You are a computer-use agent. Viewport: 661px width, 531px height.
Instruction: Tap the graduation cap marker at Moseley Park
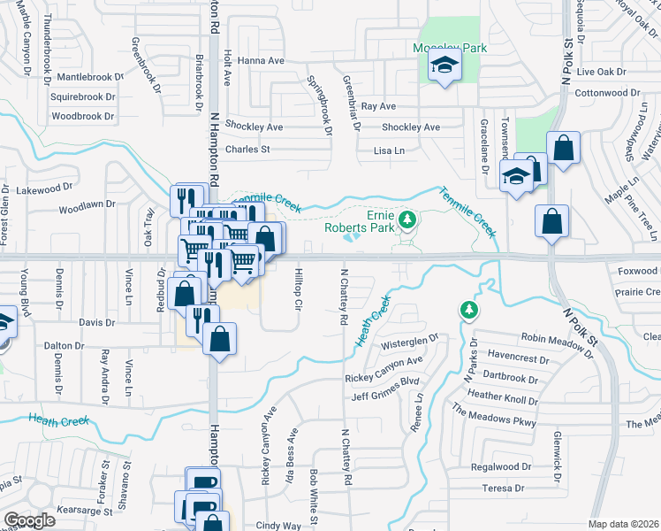(444, 65)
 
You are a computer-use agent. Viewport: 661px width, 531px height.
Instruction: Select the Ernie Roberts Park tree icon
(407, 219)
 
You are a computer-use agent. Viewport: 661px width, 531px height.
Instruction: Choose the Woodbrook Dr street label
(83, 116)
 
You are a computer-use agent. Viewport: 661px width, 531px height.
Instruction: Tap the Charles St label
(247, 150)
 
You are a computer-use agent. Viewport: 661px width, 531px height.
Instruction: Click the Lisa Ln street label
(389, 150)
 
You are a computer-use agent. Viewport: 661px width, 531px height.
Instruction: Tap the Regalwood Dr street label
(501, 466)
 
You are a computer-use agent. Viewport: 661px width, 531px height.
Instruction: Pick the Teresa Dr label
(505, 488)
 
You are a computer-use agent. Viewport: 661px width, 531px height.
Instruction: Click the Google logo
(29, 520)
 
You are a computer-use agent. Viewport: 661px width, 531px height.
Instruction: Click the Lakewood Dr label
(44, 189)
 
